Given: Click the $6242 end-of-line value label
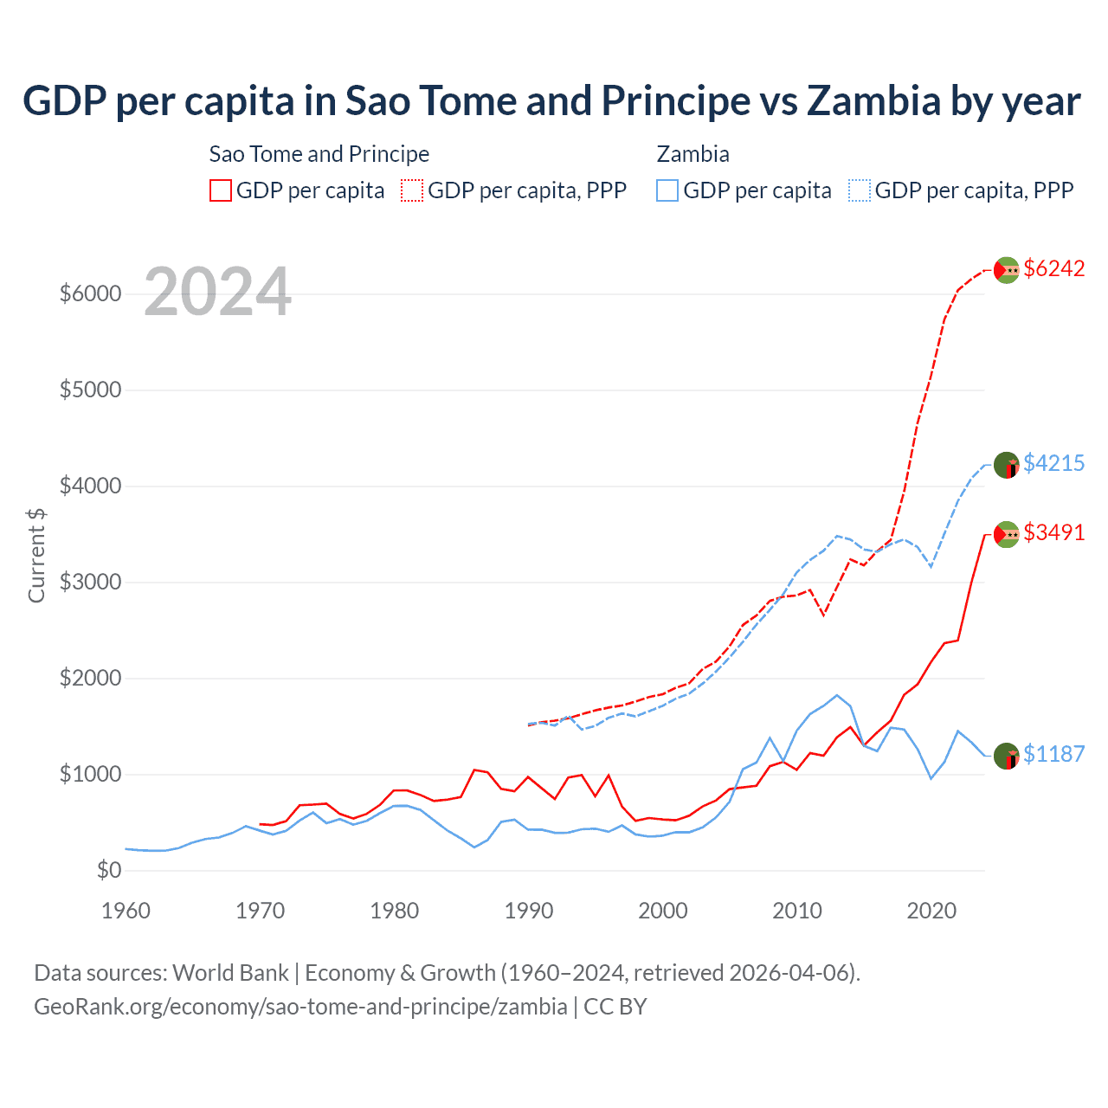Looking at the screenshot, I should (1053, 269).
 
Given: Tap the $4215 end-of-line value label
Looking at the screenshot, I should (1053, 464).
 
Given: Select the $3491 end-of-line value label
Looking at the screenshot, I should (1053, 533).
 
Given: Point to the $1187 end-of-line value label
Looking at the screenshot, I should (1053, 755).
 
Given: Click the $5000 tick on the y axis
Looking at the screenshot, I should (90, 390).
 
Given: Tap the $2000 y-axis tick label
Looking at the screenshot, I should (90, 679).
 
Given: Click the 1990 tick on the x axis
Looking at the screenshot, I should (529, 911).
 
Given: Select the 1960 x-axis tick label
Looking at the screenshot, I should (126, 911).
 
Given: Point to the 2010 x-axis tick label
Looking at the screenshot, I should (797, 911).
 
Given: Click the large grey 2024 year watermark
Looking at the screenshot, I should (217, 293).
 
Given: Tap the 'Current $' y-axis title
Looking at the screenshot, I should (36, 555).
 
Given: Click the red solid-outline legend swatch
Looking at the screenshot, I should (221, 190).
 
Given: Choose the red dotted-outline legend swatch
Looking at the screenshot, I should (412, 190).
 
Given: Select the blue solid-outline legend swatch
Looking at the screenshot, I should (667, 190).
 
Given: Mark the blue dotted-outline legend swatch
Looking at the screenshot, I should (860, 190).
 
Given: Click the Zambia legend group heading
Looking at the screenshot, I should (692, 154).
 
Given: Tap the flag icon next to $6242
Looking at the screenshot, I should (1006, 270).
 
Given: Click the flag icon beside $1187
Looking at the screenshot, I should (1006, 756).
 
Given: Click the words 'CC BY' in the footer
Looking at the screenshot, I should (615, 1007).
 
